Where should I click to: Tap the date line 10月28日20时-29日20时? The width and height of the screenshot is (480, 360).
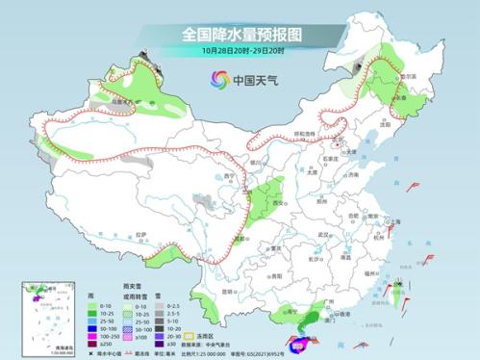click(240, 50)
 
